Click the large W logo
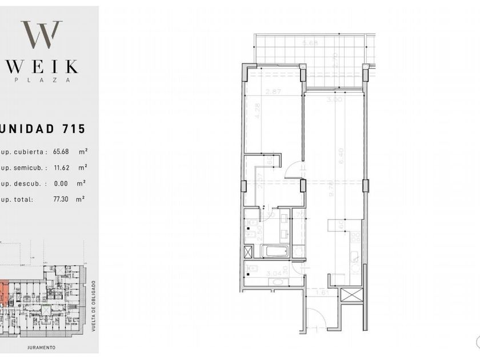41,34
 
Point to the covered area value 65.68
62,152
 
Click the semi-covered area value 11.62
62,168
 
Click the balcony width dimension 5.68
310,43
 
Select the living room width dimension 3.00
334,99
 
